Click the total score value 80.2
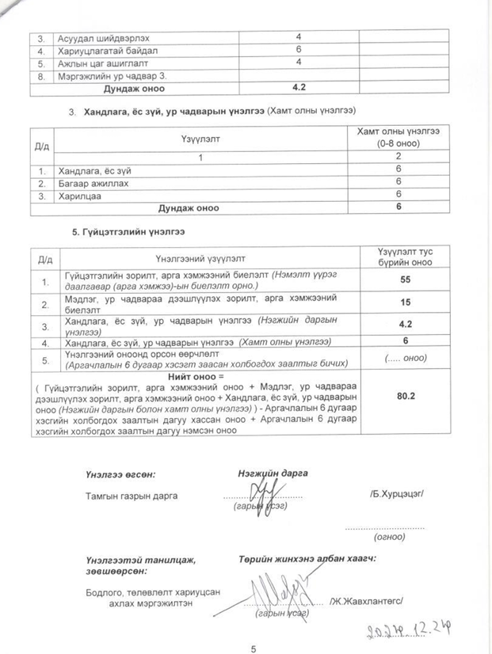(406, 394)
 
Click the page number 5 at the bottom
(254, 647)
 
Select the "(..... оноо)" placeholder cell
(406, 358)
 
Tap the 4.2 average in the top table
(299, 89)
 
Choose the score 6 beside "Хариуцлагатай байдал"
(299, 50)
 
